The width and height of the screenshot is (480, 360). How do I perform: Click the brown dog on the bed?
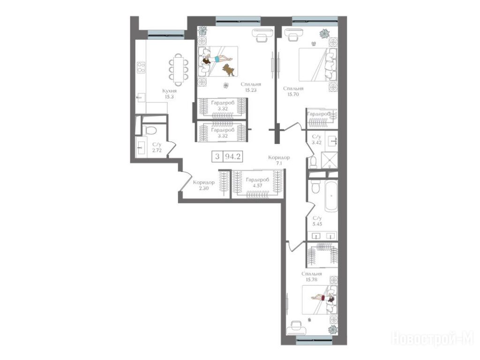[229, 70]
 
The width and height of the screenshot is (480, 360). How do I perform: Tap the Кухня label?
[170, 91]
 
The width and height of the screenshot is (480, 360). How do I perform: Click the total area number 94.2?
[232, 157]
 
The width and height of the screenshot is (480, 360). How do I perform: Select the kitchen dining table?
[179, 70]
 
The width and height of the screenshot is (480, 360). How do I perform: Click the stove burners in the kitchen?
[141, 67]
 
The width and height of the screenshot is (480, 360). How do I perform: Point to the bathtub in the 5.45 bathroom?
[331, 195]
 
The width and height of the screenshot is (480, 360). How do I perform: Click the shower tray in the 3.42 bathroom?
[329, 160]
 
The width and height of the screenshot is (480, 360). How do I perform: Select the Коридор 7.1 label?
[278, 160]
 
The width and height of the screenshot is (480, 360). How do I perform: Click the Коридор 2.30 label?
[203, 185]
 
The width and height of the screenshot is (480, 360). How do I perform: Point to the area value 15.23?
[250, 90]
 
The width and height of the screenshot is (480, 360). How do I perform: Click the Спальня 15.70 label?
[293, 91]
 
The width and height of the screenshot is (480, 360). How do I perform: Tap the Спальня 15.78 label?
[312, 277]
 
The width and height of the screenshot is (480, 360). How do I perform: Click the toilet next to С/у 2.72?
[150, 130]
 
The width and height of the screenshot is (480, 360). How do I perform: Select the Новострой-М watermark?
[433, 338]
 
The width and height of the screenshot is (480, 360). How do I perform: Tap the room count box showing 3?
[217, 157]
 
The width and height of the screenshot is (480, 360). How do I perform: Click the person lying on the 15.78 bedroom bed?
[323, 298]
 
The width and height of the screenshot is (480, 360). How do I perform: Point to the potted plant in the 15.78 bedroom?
[332, 330]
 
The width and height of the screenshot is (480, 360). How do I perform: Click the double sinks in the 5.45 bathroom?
[322, 236]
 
